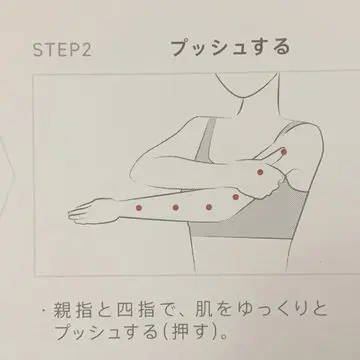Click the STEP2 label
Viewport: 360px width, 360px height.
[x=62, y=49]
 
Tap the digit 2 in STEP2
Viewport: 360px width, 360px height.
[x=85, y=49]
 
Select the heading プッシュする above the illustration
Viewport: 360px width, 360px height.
[x=230, y=47]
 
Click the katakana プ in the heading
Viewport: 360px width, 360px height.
[x=182, y=47]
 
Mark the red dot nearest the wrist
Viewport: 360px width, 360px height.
[x=139, y=208]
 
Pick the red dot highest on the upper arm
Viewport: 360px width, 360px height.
[x=284, y=152]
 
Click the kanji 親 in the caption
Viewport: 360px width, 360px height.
[x=63, y=310]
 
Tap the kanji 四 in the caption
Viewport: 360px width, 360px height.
[x=125, y=310]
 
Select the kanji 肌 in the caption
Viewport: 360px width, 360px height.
[x=204, y=310]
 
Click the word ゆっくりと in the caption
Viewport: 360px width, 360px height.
[x=278, y=310]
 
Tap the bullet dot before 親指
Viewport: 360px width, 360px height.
[x=43, y=311]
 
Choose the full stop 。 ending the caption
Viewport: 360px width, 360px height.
[x=224, y=336]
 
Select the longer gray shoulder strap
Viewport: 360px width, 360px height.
[x=205, y=140]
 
